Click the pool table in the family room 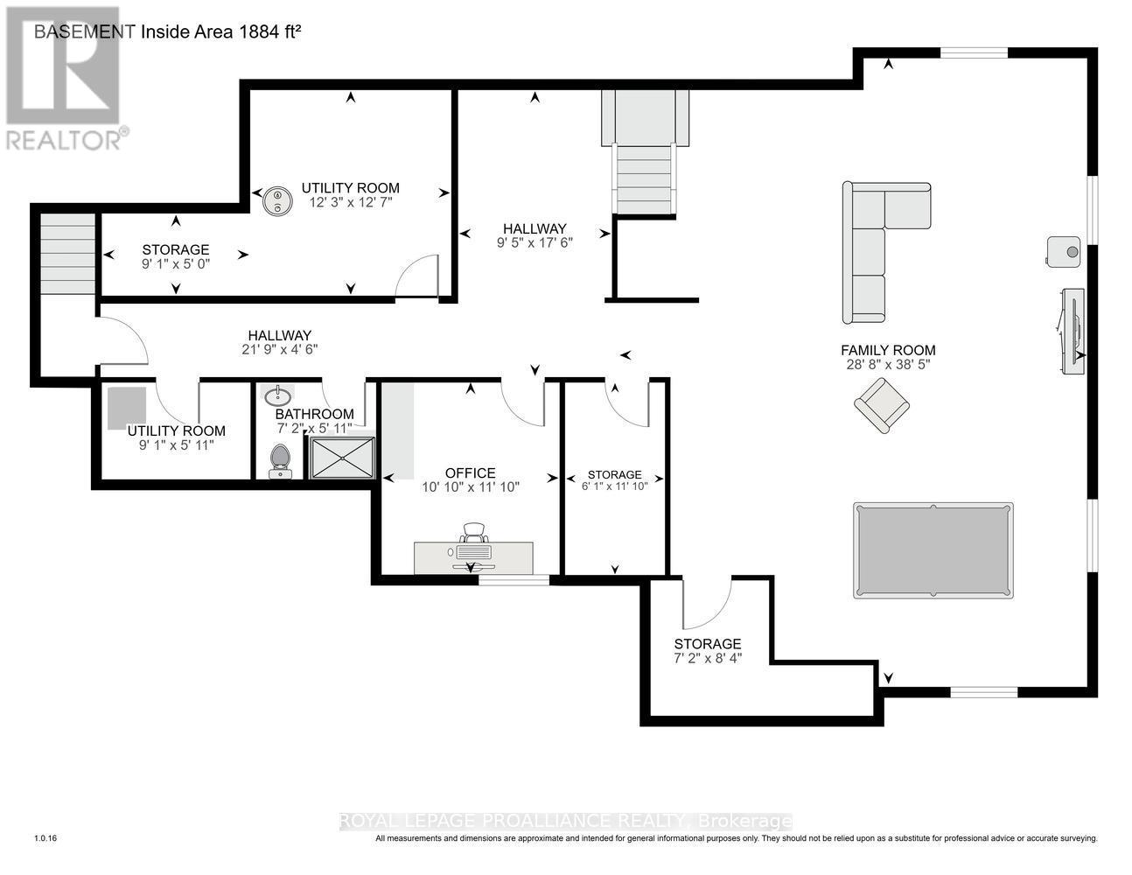pyautogui.click(x=933, y=550)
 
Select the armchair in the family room pyautogui.click(x=882, y=405)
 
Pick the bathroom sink pyautogui.click(x=278, y=396)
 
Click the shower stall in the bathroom pyautogui.click(x=341, y=457)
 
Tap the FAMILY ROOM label pyautogui.click(x=888, y=350)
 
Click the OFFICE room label pyautogui.click(x=471, y=472)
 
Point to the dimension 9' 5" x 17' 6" pyautogui.click(x=534, y=243)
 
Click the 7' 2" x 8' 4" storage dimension pyautogui.click(x=707, y=658)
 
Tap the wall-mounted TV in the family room pyautogui.click(x=1072, y=331)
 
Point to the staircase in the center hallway pyautogui.click(x=646, y=166)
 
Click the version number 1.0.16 pyautogui.click(x=45, y=838)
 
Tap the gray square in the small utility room pyautogui.click(x=127, y=408)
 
